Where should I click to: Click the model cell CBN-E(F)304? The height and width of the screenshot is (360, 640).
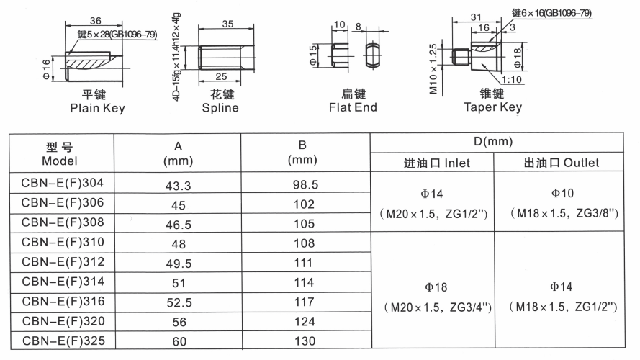point(63,183)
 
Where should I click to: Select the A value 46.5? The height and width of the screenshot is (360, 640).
point(179,225)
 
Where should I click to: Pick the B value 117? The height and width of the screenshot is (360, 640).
point(304,302)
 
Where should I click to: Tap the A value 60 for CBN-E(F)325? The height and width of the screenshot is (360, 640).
point(179,341)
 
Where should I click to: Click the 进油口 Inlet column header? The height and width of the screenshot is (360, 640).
point(437,163)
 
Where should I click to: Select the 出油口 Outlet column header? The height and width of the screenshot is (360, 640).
point(562,163)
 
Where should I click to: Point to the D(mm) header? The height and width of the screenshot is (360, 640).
point(493,142)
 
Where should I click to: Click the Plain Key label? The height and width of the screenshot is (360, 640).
point(98,108)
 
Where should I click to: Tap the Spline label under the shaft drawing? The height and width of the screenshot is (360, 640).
point(220,108)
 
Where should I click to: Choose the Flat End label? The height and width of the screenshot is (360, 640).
point(353,107)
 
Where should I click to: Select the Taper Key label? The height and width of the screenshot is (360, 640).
point(493,107)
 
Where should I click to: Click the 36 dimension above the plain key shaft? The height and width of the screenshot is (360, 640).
point(96,20)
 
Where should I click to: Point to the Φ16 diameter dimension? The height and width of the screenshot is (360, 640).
point(46,69)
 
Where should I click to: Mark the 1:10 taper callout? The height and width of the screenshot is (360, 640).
point(512,79)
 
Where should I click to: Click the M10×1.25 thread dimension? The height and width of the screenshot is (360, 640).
point(433,68)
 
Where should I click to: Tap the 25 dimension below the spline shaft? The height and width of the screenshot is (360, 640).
point(221,76)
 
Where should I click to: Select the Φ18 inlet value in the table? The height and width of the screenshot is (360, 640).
point(436,287)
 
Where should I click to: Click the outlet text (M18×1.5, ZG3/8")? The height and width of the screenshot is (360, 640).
point(564,213)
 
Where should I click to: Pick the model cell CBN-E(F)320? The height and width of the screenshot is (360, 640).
point(63,321)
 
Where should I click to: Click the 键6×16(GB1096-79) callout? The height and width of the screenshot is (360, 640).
point(551,13)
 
